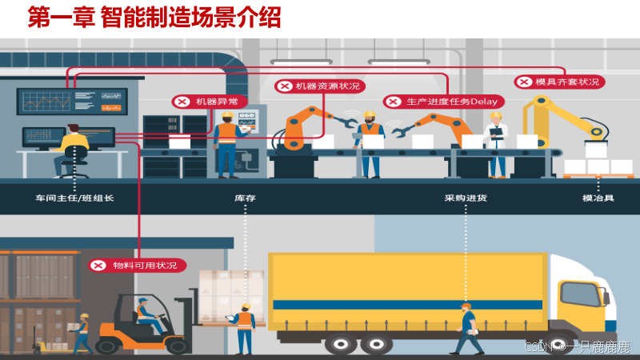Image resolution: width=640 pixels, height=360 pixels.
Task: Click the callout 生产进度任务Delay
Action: click(x=442, y=102)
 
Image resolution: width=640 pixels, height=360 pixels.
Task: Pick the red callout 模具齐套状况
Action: click(x=559, y=82)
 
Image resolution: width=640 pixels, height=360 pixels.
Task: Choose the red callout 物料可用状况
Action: click(x=137, y=265)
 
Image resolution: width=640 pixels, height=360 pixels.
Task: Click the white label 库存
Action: click(x=244, y=198)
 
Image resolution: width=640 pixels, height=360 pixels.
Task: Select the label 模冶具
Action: click(x=598, y=198)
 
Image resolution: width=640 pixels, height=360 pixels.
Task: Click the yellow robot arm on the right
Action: click(x=560, y=120)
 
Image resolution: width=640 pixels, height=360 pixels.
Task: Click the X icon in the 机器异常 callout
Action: click(x=182, y=102)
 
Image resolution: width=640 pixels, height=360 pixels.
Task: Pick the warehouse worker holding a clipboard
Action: click(x=244, y=326)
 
